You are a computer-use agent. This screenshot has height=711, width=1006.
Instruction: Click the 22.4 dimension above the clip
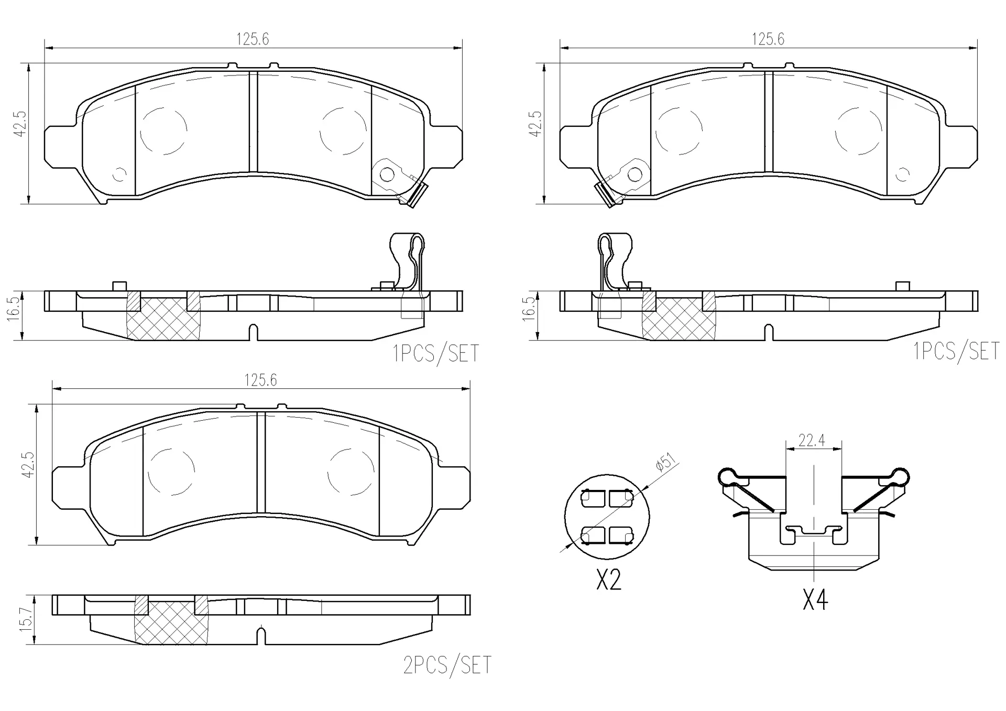[812, 441]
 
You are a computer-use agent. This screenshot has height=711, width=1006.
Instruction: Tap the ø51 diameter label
[666, 463]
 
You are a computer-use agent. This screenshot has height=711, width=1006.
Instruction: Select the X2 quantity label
[608, 580]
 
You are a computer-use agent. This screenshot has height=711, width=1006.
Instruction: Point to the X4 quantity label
[815, 599]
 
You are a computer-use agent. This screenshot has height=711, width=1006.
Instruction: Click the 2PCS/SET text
[447, 665]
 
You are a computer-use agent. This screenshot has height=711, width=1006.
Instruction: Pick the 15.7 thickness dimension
[27, 619]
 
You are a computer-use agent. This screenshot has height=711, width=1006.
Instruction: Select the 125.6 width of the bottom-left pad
[260, 380]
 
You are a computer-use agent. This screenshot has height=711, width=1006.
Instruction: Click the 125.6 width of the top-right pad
[768, 39]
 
